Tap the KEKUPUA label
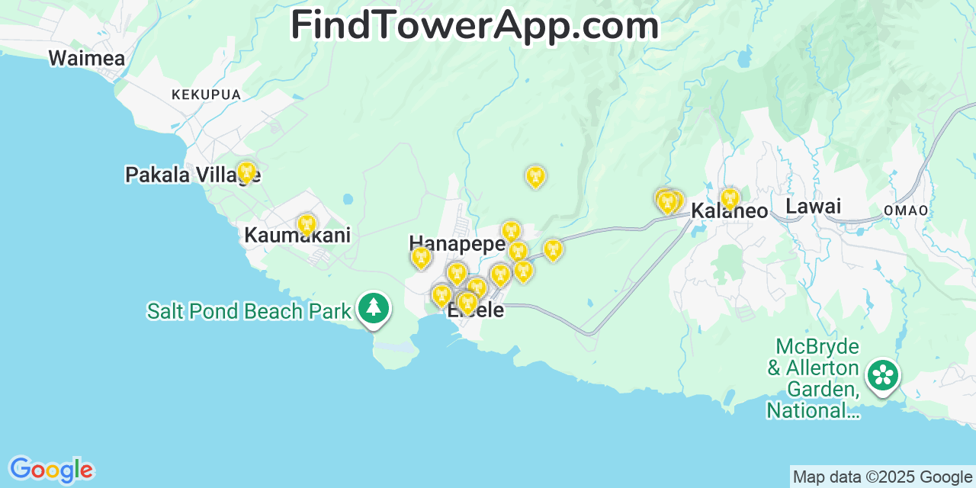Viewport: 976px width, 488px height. coord(206,95)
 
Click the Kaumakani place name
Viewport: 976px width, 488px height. coord(297,236)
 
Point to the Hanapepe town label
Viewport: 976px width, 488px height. coord(457,244)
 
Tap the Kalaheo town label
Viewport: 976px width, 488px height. coord(729,211)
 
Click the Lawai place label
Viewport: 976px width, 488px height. coord(813,206)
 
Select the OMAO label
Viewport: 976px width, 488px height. coord(906,210)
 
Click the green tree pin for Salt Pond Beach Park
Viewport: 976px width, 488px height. coord(373,309)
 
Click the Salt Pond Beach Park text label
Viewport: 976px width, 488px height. coord(249,311)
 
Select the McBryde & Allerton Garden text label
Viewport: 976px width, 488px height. coord(813,379)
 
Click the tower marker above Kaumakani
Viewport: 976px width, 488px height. coord(307,224)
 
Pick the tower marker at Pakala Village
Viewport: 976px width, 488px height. coord(246,172)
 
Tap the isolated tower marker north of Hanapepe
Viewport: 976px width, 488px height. coord(535,176)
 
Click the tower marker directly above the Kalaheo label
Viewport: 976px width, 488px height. coord(730,198)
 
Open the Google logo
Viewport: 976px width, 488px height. coord(50,470)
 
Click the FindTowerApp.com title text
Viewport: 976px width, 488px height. coord(474,25)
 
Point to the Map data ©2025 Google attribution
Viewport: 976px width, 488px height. coord(883,477)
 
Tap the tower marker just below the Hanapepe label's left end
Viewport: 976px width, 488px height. coord(421,257)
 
